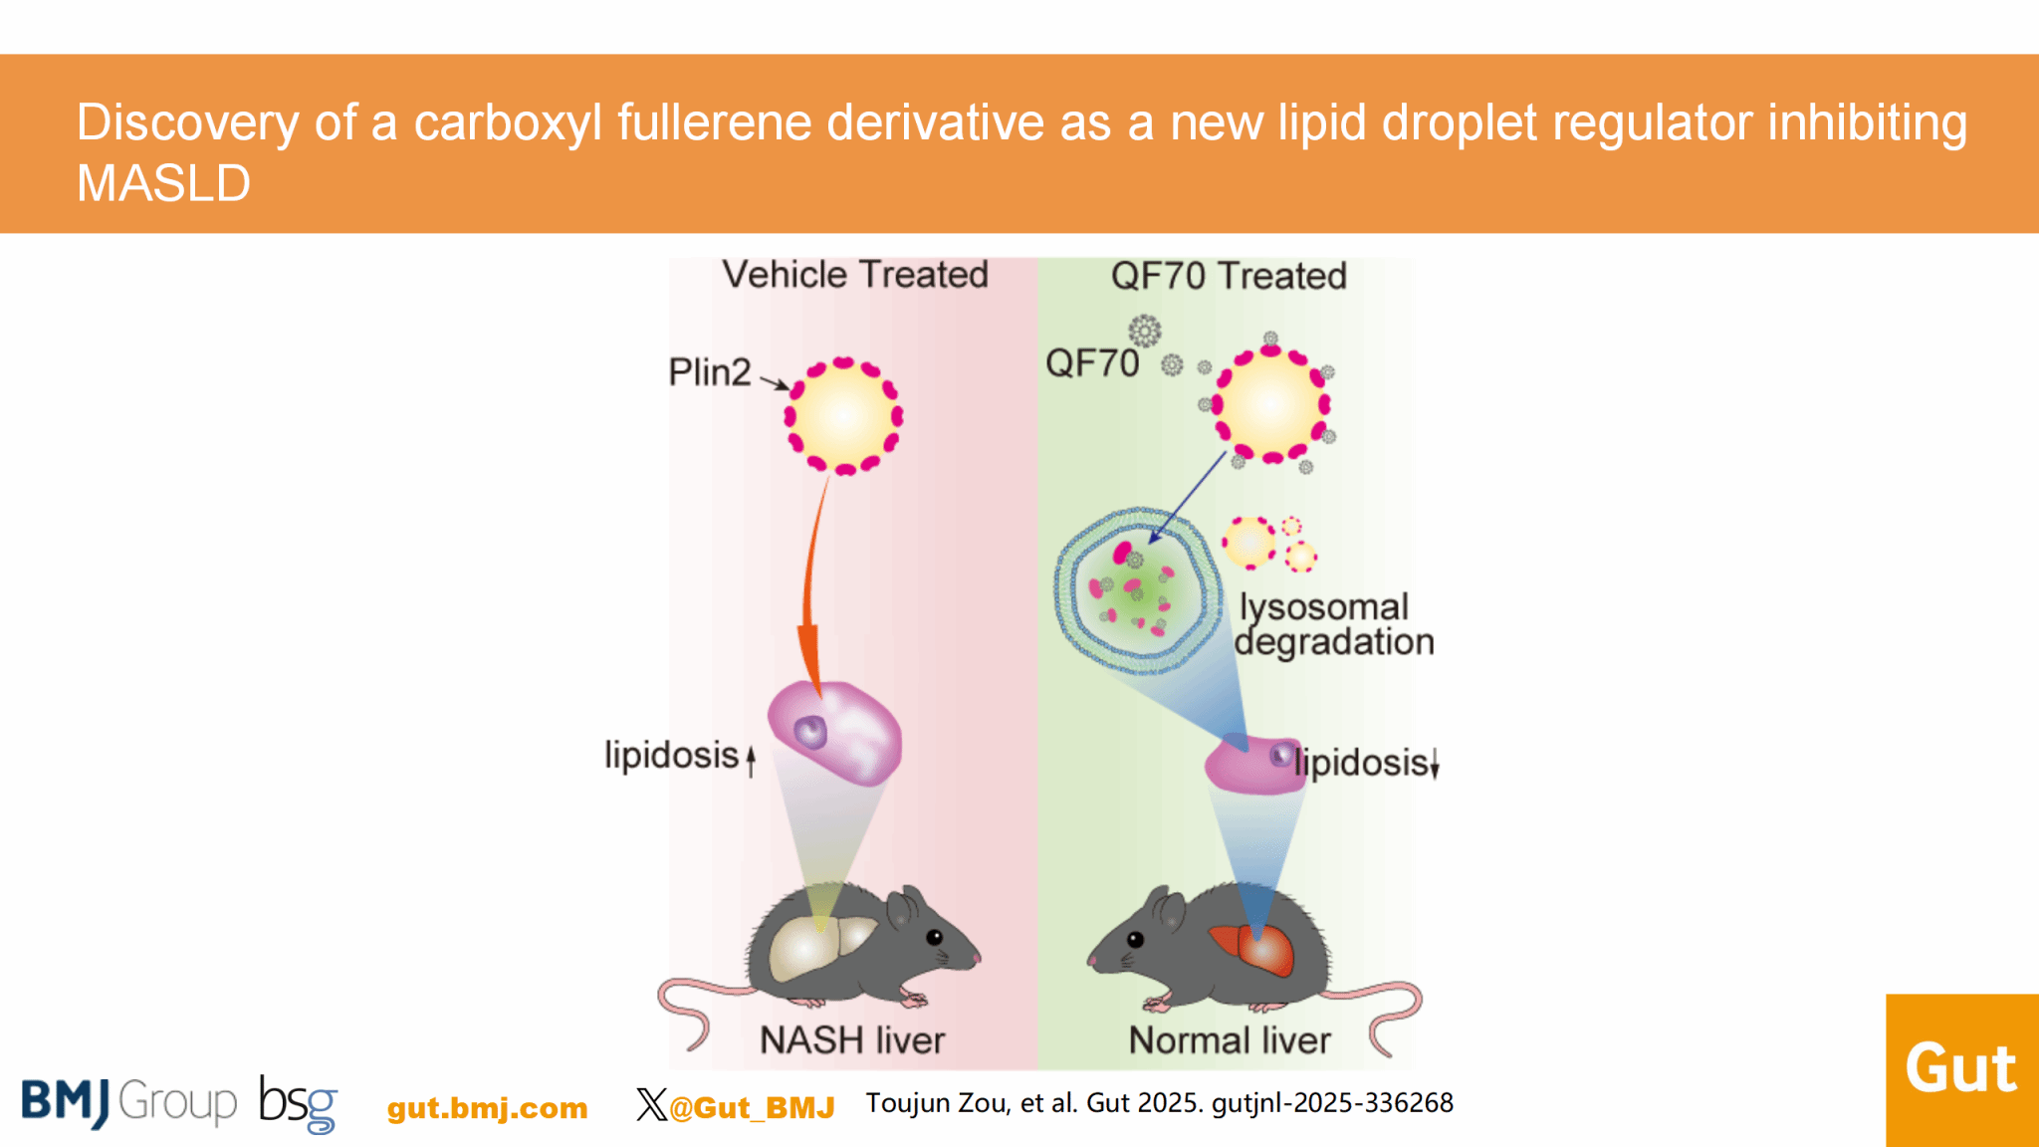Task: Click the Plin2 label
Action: pos(709,372)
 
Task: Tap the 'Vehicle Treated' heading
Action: pos(855,275)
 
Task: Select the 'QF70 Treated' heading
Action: pos(1229,276)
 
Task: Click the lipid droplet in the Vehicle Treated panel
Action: pos(844,416)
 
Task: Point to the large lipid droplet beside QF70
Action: pos(1270,404)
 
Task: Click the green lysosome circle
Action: pos(1137,590)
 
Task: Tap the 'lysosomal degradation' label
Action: pos(1332,624)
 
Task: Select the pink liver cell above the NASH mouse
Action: pos(834,732)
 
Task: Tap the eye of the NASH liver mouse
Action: pos(934,937)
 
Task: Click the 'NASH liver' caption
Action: pos(852,1040)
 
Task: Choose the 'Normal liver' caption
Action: pos(1230,1040)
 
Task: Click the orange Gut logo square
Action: pos(1961,1070)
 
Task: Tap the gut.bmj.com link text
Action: pos(487,1108)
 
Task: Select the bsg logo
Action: pos(298,1104)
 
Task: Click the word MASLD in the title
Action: pos(164,183)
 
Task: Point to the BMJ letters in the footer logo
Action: pos(66,1102)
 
